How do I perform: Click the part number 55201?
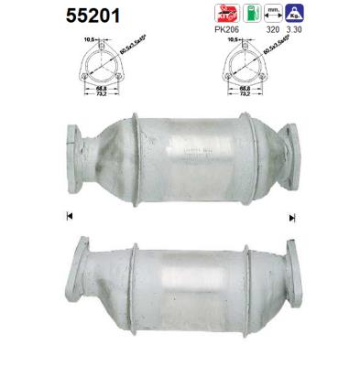tap(41, 16)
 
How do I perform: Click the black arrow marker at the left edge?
tap(70, 217)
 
